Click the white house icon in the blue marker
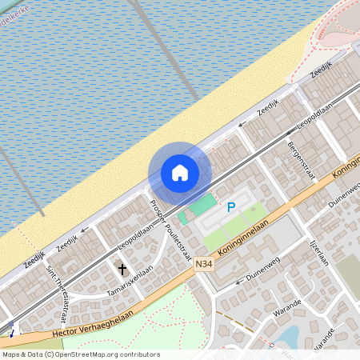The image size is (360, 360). pos(180,173)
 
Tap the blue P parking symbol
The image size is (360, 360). pos(231,207)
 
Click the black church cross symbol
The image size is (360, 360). pos(122,269)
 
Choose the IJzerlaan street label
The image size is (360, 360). pos(319,254)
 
